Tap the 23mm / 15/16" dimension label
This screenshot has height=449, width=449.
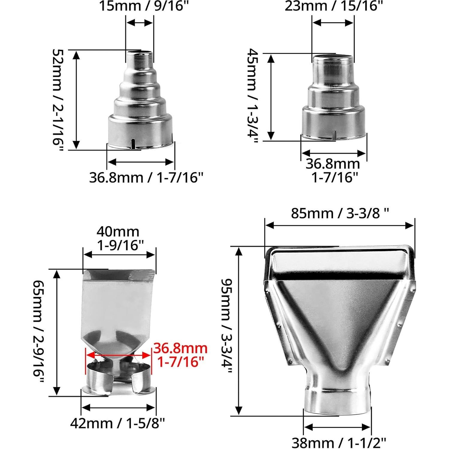334,6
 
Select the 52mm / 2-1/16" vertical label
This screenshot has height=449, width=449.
58,101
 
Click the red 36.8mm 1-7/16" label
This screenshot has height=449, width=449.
180,355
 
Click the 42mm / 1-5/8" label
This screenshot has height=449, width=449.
118,423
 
